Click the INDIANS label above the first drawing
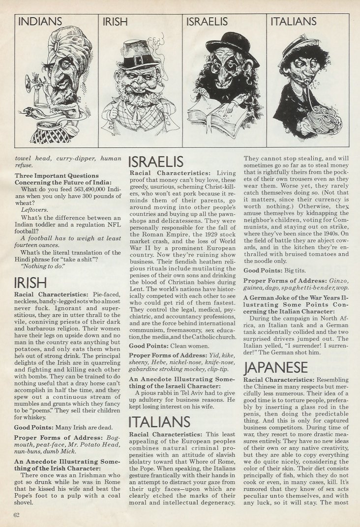coord(40,22)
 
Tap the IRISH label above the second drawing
coord(115,22)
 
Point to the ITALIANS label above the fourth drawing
coord(294,22)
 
